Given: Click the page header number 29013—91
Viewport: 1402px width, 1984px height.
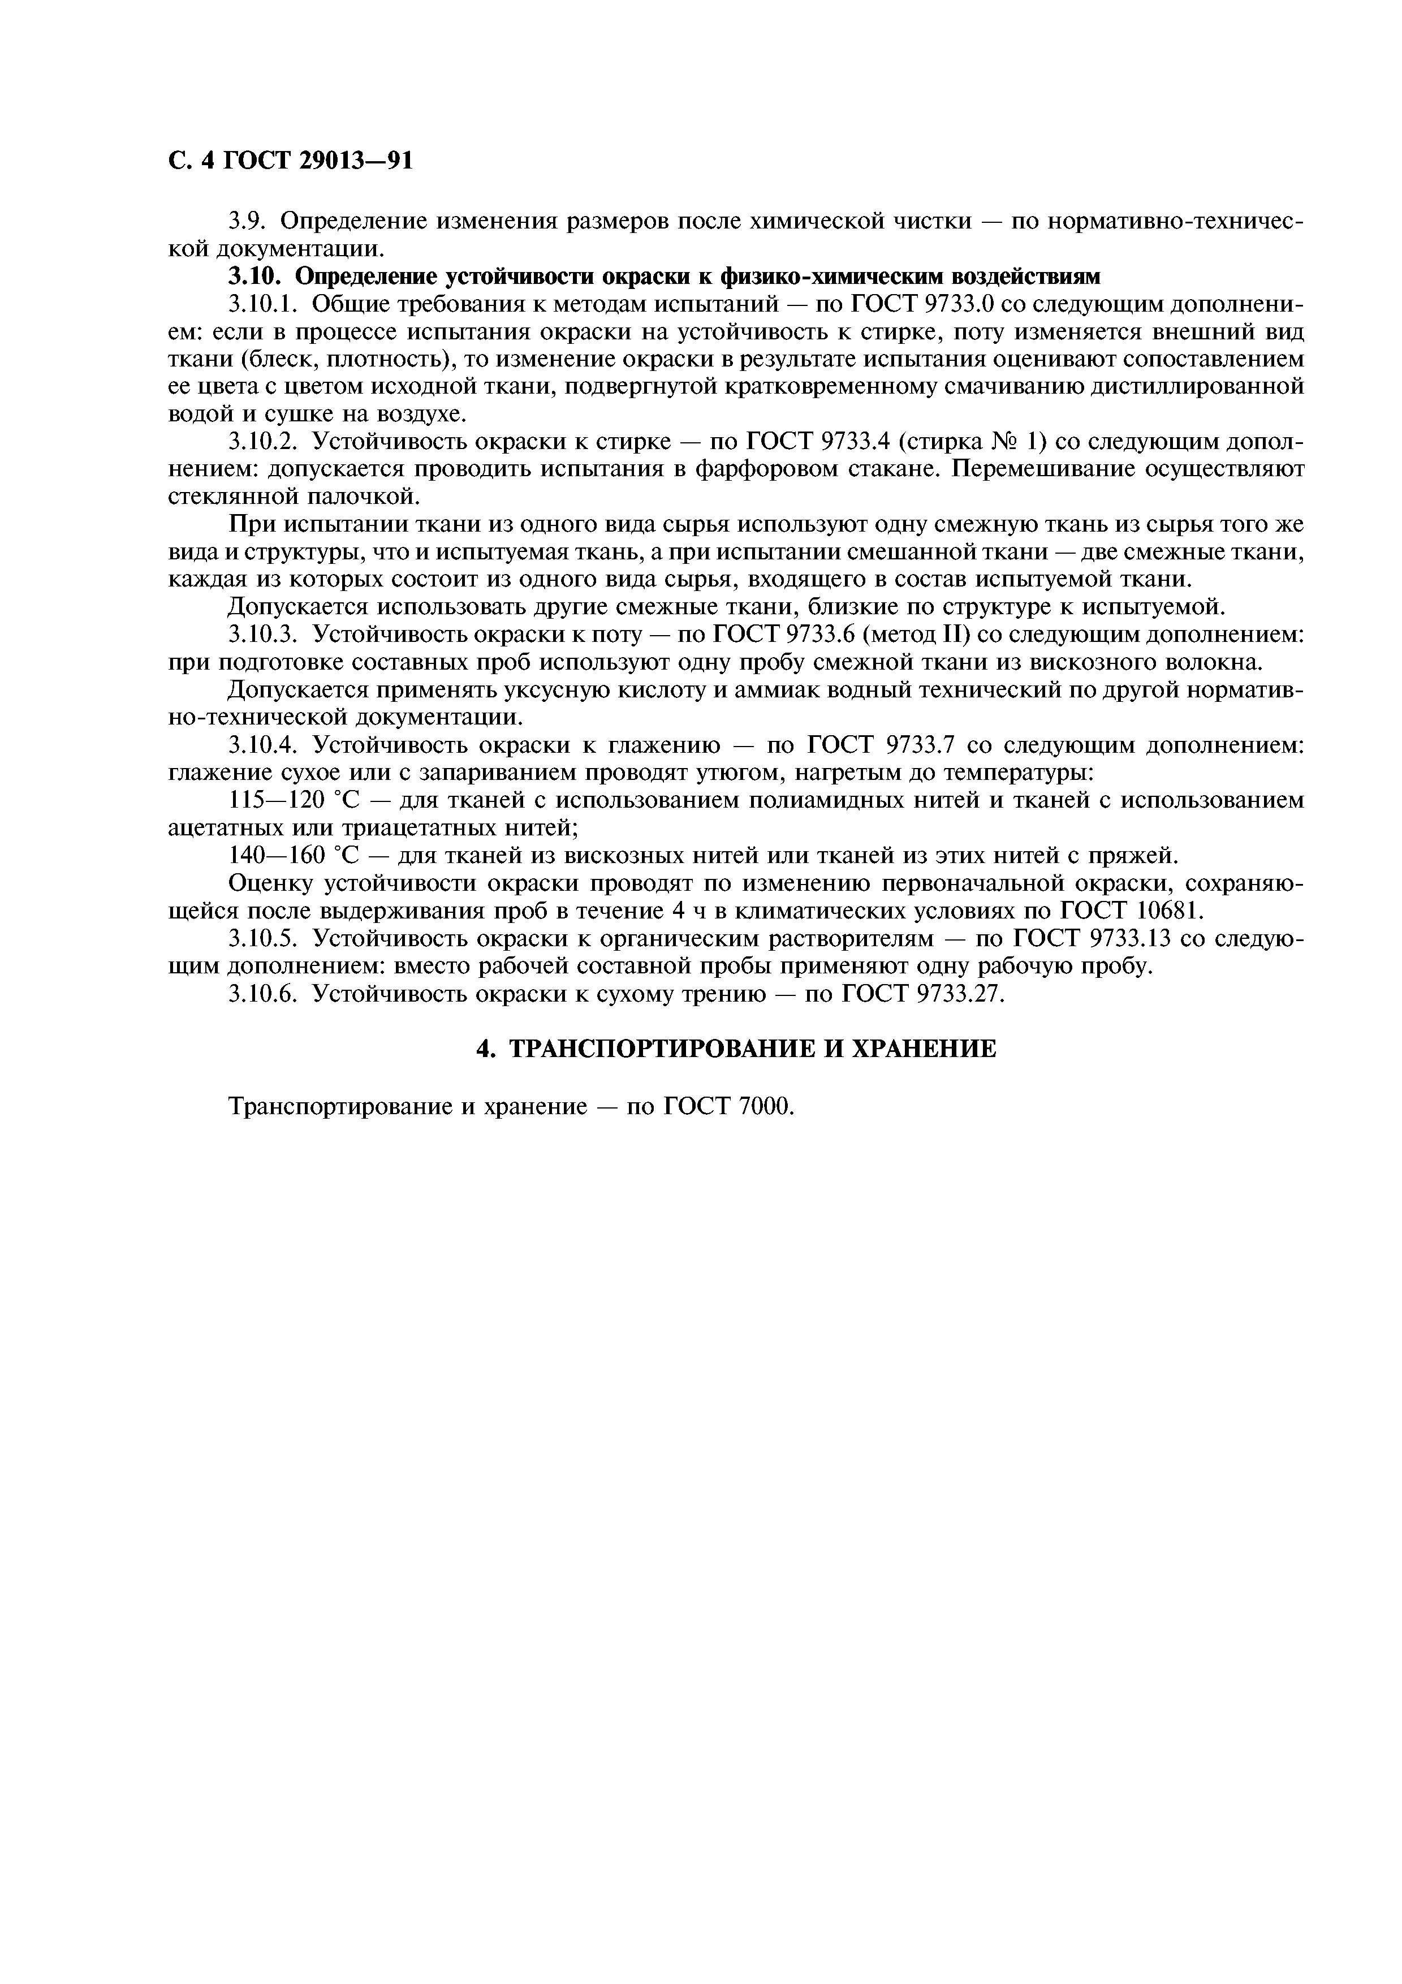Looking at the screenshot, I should [356, 161].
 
